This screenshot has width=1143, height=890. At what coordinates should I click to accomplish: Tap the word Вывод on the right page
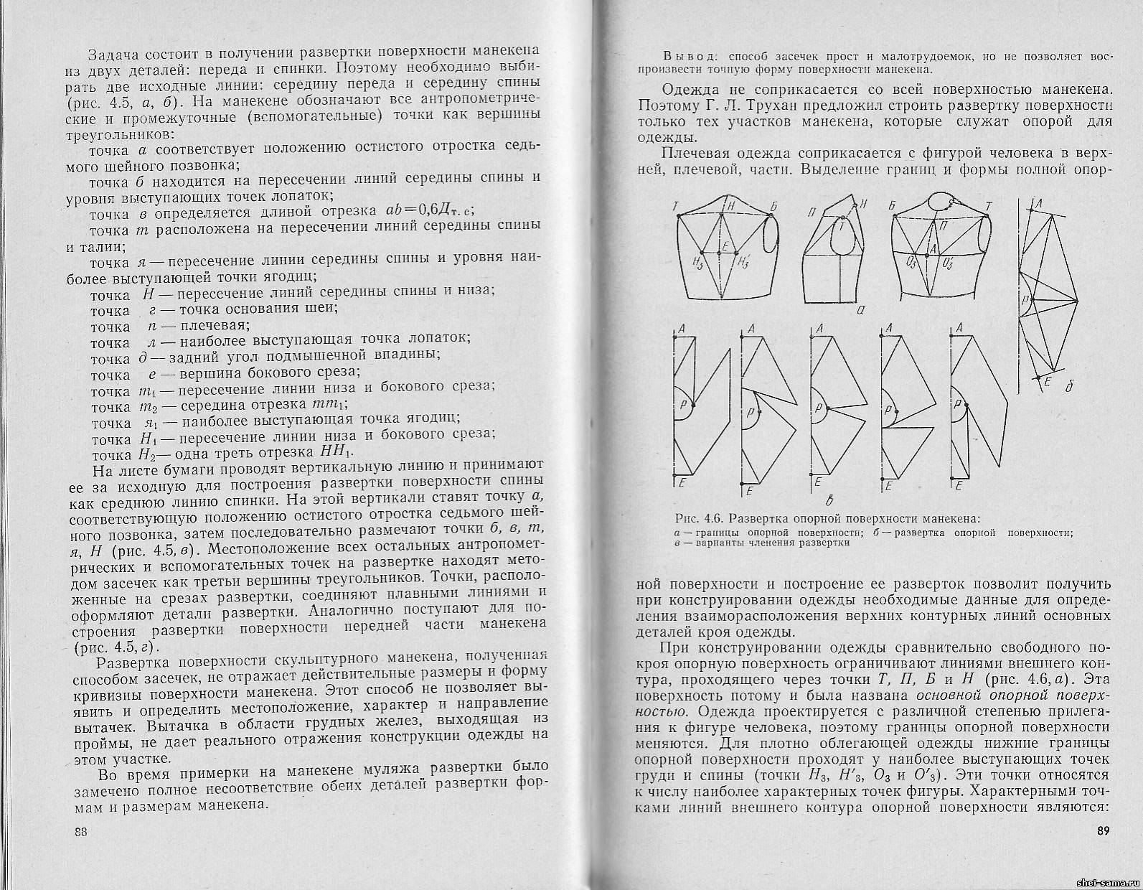pos(687,56)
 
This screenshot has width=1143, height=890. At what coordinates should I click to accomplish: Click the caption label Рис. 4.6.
pos(699,519)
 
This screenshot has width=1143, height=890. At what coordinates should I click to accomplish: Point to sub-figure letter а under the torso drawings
pos(860,311)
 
